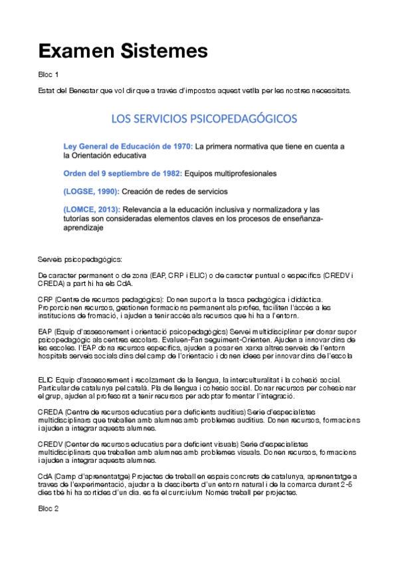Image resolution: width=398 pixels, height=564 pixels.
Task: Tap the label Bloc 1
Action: [x=49, y=74]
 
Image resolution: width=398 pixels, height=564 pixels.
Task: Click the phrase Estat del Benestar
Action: [x=69, y=90]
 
